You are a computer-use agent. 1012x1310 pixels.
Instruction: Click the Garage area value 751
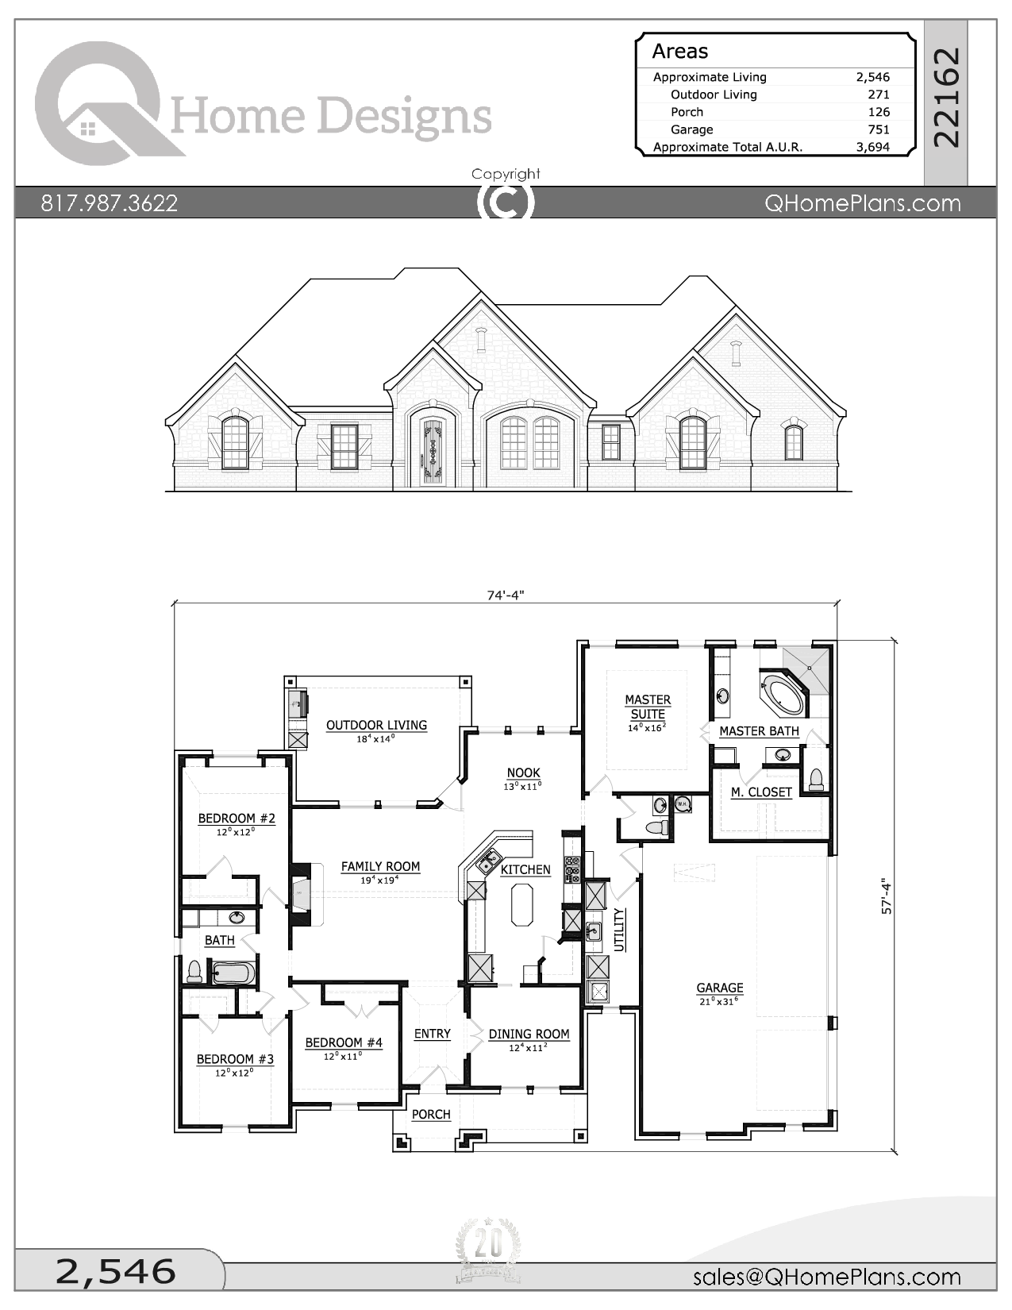tap(879, 129)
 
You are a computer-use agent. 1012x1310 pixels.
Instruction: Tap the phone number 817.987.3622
tap(110, 203)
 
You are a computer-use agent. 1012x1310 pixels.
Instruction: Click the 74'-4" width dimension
tap(506, 595)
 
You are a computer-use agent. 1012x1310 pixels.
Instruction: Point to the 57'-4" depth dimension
tap(886, 898)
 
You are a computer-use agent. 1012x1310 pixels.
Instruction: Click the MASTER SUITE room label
tap(648, 707)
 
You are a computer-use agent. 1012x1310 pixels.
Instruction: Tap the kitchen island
tap(523, 905)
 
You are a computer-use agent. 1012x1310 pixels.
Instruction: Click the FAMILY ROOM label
tap(380, 866)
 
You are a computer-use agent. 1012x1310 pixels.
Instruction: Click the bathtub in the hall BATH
tap(233, 973)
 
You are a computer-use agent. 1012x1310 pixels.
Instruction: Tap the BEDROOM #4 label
tap(344, 1042)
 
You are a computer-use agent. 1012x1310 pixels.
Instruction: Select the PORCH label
tap(431, 1115)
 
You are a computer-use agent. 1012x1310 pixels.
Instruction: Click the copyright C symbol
tap(506, 202)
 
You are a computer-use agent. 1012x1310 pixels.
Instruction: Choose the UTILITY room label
tap(619, 930)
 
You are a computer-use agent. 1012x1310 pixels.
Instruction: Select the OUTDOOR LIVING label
tap(376, 725)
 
